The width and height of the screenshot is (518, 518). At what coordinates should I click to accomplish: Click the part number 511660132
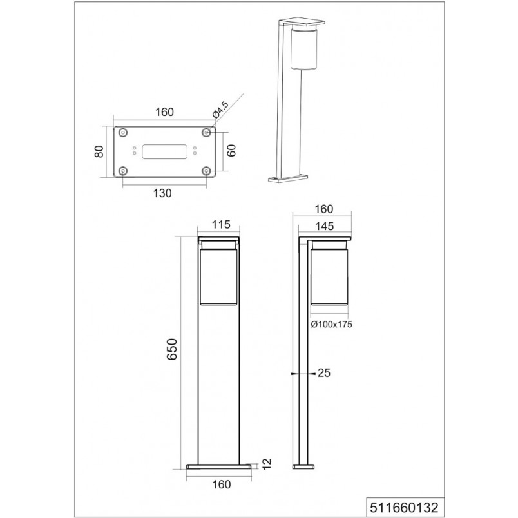click(x=405, y=507)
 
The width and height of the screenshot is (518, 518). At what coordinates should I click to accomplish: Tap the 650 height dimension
click(x=172, y=349)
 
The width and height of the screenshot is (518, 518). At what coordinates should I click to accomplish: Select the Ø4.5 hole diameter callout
click(x=220, y=110)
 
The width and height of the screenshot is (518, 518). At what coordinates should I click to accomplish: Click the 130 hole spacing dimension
click(x=162, y=193)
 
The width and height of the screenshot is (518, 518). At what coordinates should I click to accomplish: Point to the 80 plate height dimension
click(x=99, y=151)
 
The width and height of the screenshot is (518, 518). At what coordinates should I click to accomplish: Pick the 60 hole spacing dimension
click(x=231, y=150)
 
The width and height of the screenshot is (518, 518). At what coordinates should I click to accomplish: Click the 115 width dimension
click(x=221, y=225)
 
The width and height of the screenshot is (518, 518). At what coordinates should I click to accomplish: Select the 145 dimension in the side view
click(x=325, y=226)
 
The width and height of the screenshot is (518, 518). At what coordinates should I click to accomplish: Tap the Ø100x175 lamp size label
click(x=331, y=325)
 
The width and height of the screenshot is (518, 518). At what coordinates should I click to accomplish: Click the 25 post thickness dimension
click(x=323, y=372)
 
